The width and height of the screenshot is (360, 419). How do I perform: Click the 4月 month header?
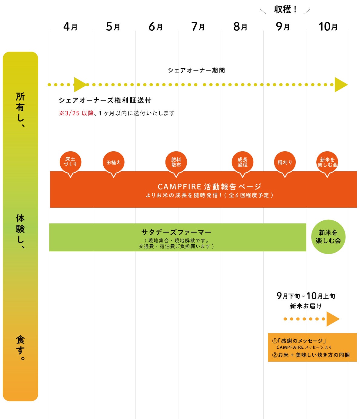coord(70,27)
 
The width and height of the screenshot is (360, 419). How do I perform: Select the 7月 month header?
coord(198,27)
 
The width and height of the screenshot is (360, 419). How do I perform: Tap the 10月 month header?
coord(328,27)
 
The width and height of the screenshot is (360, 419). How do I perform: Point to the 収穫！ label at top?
coord(285,9)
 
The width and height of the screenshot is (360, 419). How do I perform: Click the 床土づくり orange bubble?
coord(70,163)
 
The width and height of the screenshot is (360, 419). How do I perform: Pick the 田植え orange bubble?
coord(113,163)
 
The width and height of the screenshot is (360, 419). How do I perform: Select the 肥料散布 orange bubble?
coord(176,163)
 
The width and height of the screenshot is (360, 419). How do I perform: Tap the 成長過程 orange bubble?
coord(242,163)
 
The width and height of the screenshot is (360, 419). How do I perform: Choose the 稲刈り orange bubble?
coord(285,163)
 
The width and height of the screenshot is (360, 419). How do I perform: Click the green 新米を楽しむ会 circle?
coord(328,237)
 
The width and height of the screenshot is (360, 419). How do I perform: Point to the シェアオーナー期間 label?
coord(196,70)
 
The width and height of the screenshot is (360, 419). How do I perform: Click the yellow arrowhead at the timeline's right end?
coord(341,85)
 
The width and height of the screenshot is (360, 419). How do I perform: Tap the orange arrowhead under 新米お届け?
coord(333,319)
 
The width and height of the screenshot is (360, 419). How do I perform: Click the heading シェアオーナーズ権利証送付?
coord(105,100)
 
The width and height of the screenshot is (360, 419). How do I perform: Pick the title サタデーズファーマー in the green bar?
coord(176,232)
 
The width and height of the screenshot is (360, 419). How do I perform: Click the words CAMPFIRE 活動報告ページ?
coord(209,186)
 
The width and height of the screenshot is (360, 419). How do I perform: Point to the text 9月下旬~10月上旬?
coord(306,296)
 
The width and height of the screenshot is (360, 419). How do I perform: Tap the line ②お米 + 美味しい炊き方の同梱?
coord(311,355)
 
